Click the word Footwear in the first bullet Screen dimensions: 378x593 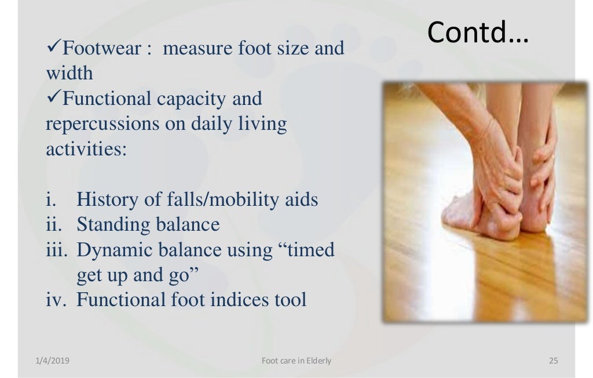[101, 48]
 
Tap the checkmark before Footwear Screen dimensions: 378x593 [53, 48]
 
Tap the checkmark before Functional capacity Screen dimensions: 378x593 [53, 99]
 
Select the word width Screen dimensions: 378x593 [69, 74]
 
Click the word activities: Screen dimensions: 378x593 [86, 150]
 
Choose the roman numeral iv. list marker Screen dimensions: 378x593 [57, 300]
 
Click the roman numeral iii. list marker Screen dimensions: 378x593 [58, 250]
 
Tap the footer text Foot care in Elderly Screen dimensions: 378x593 [296, 361]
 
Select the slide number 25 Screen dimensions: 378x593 [553, 361]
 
